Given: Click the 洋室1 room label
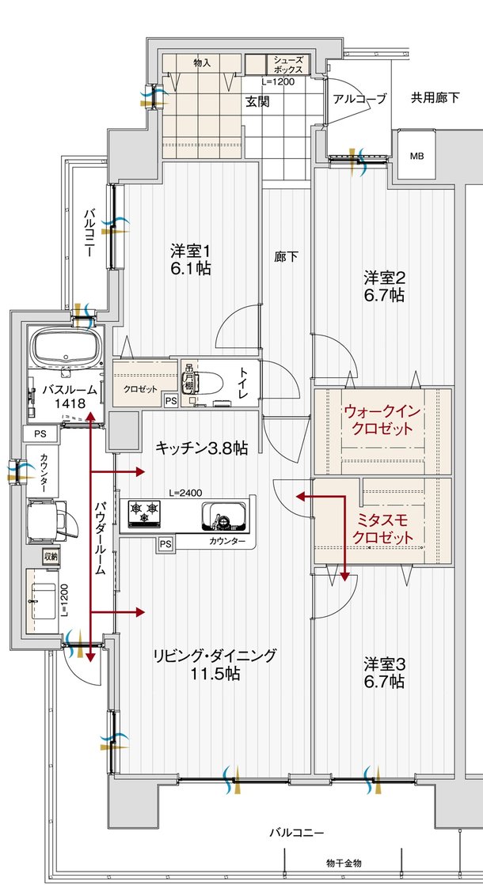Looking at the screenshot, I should click(x=190, y=259).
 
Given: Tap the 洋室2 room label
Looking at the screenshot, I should click(x=384, y=286).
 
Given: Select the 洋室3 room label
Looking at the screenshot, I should click(x=384, y=671).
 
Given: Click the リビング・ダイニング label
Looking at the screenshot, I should click(x=215, y=664).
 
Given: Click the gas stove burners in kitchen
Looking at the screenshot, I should click(x=146, y=513).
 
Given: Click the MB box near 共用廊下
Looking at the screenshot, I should click(x=416, y=155).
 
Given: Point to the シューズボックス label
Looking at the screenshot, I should click(x=287, y=65).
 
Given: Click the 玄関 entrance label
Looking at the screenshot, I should click(x=257, y=101).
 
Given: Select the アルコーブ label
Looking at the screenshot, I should click(x=359, y=99).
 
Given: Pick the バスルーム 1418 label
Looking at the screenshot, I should click(x=70, y=396).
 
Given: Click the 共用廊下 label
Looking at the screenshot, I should click(x=435, y=98).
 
